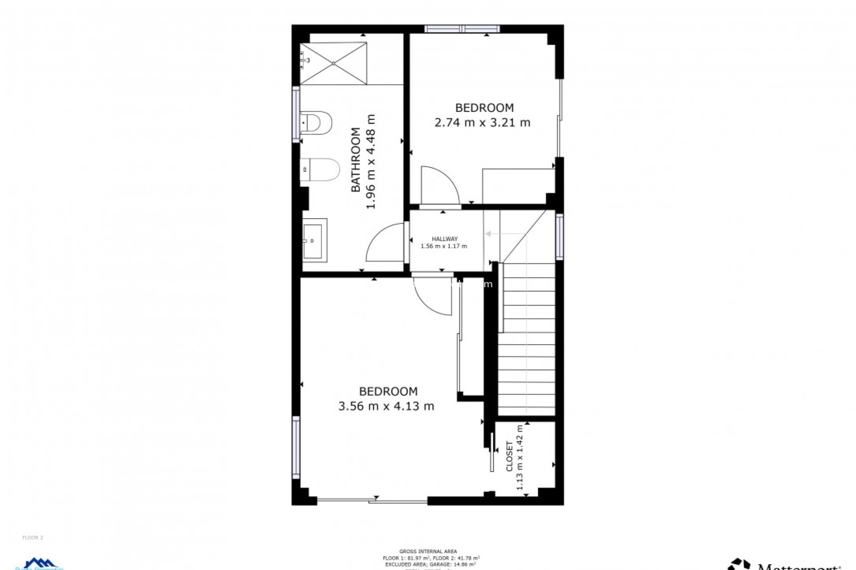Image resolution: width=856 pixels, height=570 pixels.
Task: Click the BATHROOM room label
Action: click(x=356, y=160)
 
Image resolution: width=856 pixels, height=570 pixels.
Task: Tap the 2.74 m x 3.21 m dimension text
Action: click(x=482, y=122)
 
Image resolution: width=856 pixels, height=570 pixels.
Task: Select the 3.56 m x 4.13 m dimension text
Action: click(x=386, y=406)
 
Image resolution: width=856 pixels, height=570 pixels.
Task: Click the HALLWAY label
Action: click(x=444, y=239)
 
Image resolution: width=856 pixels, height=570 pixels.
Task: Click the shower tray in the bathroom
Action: click(x=333, y=63)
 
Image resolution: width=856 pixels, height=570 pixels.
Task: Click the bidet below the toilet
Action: click(x=321, y=170)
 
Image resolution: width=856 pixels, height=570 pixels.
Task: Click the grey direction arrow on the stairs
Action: click(x=490, y=234)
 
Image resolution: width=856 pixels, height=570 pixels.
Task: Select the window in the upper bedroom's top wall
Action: click(x=462, y=29)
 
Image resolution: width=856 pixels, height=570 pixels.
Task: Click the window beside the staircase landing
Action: click(x=560, y=236)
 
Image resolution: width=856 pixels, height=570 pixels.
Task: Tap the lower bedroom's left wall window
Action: click(x=296, y=448)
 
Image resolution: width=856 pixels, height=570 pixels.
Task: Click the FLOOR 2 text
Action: click(x=33, y=537)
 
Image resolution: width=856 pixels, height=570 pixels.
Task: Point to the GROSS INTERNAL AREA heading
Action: click(x=428, y=551)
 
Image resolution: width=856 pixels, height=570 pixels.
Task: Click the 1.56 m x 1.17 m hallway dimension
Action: click(x=444, y=246)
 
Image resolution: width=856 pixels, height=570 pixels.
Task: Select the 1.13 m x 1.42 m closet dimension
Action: click(x=520, y=457)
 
